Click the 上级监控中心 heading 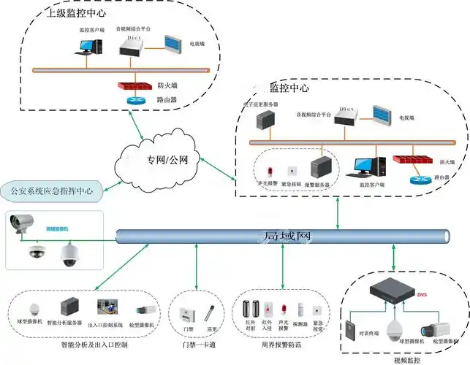(x=77, y=14)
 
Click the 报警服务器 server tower (x=320, y=167)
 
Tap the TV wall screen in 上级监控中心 (x=174, y=45)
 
